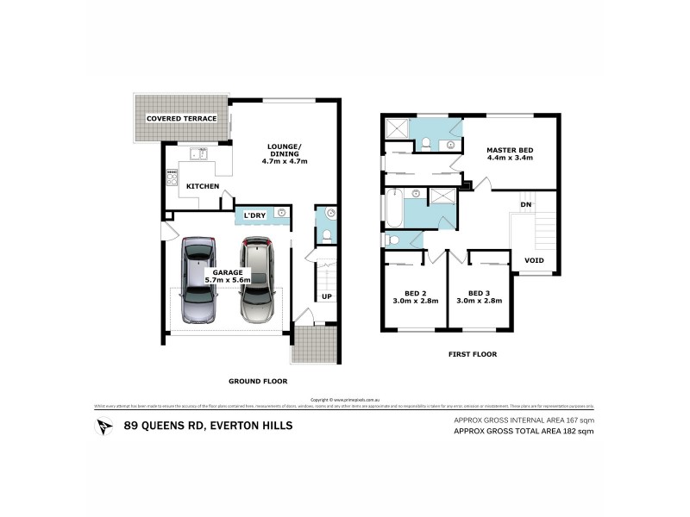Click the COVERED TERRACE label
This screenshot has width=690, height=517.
(x=181, y=118)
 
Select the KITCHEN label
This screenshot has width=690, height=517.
(x=203, y=186)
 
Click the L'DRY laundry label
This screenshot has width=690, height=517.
(x=254, y=215)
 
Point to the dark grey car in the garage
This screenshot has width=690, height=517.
(x=198, y=280)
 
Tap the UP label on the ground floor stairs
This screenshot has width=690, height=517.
(x=326, y=297)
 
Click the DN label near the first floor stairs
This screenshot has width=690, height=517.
(x=524, y=204)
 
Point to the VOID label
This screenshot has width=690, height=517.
(x=535, y=259)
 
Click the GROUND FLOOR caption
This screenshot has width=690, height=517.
(x=258, y=381)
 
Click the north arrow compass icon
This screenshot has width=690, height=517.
(x=105, y=425)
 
